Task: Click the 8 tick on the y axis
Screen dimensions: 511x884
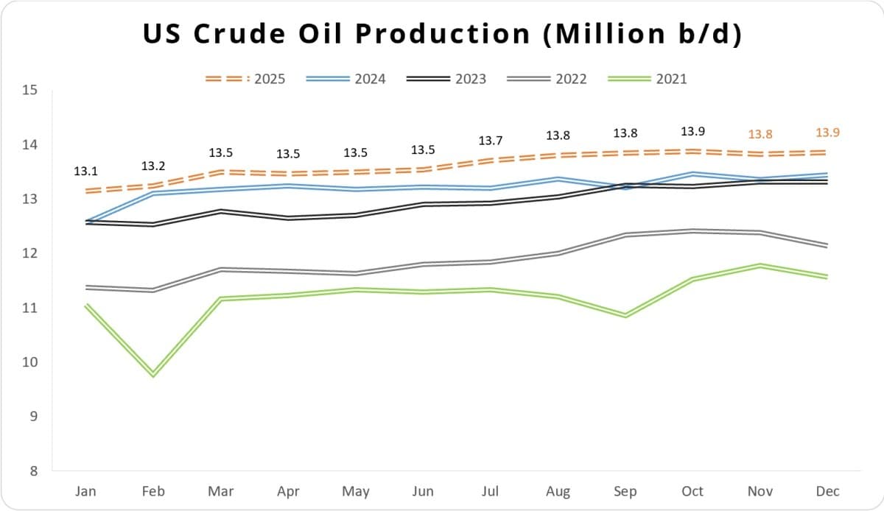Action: tap(33, 471)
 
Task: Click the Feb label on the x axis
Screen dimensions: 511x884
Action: tap(153, 491)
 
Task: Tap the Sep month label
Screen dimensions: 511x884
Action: tap(625, 491)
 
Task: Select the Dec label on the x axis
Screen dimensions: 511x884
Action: tap(827, 491)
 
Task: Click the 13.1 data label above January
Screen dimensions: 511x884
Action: tap(85, 171)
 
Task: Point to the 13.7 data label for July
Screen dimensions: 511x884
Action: tap(491, 141)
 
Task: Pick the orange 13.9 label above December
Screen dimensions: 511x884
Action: tap(827, 133)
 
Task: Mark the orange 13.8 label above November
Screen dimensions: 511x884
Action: tap(760, 135)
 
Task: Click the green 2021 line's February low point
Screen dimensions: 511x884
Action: tap(153, 375)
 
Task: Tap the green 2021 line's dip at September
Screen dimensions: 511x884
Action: tap(625, 315)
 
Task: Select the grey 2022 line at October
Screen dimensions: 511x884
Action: tap(692, 231)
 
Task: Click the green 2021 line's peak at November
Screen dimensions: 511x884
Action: tap(760, 266)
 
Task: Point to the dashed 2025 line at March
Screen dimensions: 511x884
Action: tap(221, 172)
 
